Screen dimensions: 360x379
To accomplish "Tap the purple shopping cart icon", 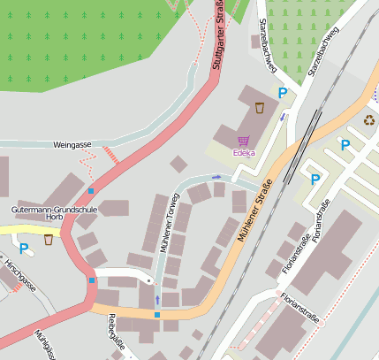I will click(243, 140).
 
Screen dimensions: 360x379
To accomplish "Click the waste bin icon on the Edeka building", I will click(260, 108).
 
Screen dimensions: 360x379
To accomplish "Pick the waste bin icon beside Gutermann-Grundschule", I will click(49, 240).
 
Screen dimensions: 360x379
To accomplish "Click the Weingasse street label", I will click(72, 143).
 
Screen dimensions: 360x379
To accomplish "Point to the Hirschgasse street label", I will click(19, 277).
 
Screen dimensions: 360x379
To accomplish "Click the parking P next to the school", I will click(24, 249).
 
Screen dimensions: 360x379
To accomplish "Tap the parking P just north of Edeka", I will click(283, 93).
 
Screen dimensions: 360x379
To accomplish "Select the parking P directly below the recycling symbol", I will click(345, 145).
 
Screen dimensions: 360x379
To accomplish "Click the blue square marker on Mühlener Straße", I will click(157, 315).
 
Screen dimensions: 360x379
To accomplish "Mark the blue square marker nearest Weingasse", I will click(90, 190).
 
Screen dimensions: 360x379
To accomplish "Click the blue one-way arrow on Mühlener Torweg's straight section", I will click(157, 299).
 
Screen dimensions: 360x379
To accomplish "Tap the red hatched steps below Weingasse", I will click(110, 154).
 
